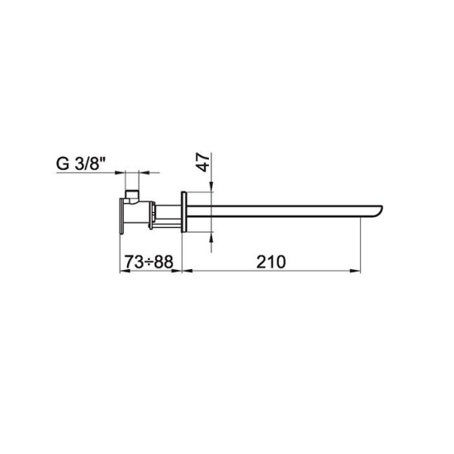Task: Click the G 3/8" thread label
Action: click(80, 164)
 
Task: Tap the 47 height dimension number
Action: click(203, 163)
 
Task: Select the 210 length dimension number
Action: click(271, 262)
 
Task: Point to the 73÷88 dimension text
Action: click(149, 262)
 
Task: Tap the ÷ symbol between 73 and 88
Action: click(149, 262)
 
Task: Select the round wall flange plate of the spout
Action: click(183, 212)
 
